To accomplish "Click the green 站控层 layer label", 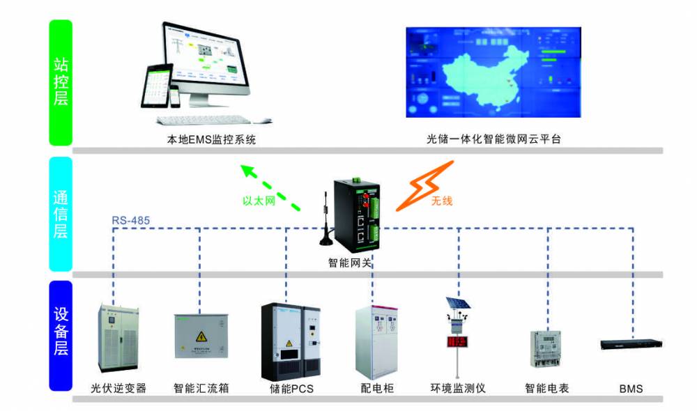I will [61, 82].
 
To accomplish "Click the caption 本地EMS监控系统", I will [211, 139].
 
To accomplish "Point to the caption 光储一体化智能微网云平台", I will [493, 139].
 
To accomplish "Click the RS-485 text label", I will [130, 221].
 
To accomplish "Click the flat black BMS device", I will [631, 343].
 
